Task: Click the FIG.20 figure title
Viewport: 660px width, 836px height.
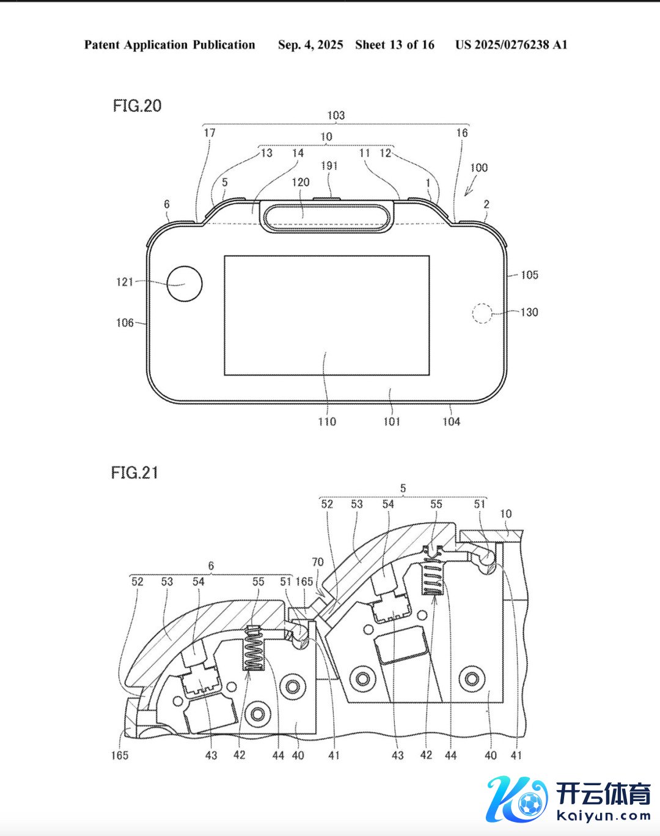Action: click(137, 106)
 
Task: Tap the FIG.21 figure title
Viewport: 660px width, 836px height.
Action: click(134, 473)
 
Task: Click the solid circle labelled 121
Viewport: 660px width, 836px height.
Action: click(185, 284)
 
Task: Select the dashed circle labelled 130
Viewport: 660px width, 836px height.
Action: click(482, 313)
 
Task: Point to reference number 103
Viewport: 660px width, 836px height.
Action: click(336, 116)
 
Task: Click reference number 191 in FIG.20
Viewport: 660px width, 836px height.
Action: click(329, 166)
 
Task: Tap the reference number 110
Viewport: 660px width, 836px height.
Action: click(327, 421)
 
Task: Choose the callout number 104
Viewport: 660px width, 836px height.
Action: click(451, 421)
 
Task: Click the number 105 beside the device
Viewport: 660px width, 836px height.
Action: click(530, 275)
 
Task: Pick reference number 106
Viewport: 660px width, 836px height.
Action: click(125, 323)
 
